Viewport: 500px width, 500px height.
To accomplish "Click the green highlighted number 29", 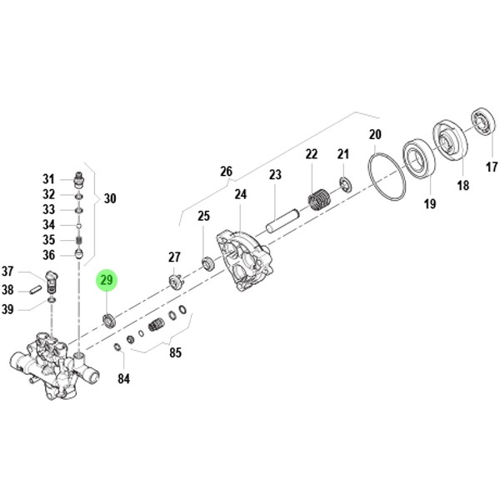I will point(107,280).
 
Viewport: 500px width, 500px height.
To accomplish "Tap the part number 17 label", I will point(492,167).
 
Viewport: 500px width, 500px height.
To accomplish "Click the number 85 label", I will point(175,352).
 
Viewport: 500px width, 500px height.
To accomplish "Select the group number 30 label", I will point(110,199).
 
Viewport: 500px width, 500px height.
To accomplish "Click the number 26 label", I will point(226,172).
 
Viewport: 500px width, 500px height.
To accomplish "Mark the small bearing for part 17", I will point(482,121).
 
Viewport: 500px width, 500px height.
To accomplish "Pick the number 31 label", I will point(48,179).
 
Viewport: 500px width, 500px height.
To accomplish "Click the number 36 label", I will point(48,255).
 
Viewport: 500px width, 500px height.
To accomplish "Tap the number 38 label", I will point(7,290).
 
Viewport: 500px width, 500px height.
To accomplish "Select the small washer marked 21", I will point(343,183).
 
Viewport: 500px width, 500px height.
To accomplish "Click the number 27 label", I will point(174,257).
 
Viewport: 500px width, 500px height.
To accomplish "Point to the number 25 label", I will point(203,217).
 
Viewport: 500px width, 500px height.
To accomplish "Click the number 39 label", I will point(7,309).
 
